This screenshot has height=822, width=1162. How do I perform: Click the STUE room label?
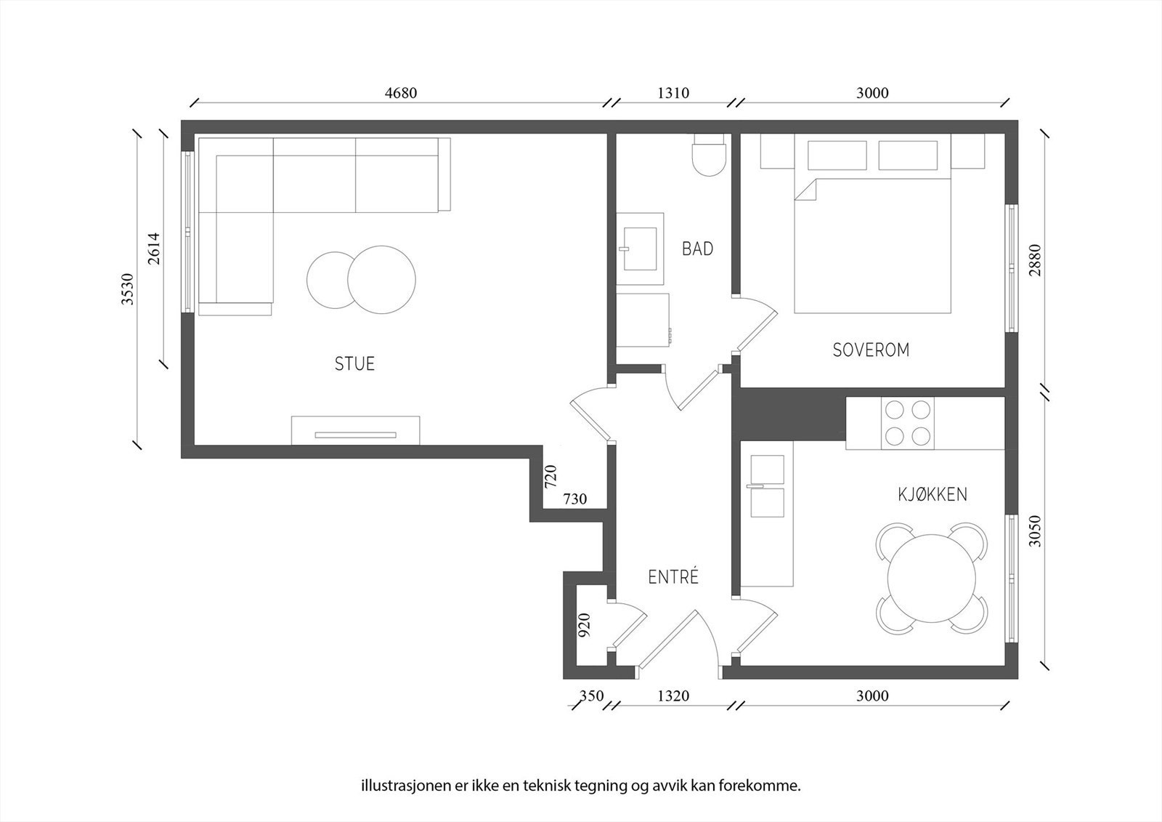[354, 363]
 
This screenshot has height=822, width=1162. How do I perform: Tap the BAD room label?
[697, 249]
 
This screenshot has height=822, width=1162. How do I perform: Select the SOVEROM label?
[871, 350]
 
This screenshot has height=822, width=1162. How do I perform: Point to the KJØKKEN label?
[933, 494]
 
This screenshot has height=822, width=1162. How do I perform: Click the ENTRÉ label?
[673, 576]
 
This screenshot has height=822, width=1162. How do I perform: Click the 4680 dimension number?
[400, 93]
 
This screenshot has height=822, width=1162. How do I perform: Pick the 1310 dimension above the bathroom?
[673, 93]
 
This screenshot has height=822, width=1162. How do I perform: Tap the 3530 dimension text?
[128, 289]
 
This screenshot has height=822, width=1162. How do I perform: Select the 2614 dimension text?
[154, 249]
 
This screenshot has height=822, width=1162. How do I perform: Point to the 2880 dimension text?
[1035, 260]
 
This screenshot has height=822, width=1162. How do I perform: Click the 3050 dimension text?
[1035, 531]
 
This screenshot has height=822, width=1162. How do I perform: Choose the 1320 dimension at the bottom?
[673, 696]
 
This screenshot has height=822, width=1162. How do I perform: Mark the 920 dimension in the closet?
[584, 625]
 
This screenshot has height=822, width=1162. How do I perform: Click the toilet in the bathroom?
[709, 155]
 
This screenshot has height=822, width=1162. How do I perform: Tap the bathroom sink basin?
[640, 249]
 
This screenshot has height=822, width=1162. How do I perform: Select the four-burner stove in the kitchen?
[907, 423]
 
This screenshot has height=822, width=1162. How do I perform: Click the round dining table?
[931, 579]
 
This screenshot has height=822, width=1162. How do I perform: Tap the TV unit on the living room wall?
[355, 430]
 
